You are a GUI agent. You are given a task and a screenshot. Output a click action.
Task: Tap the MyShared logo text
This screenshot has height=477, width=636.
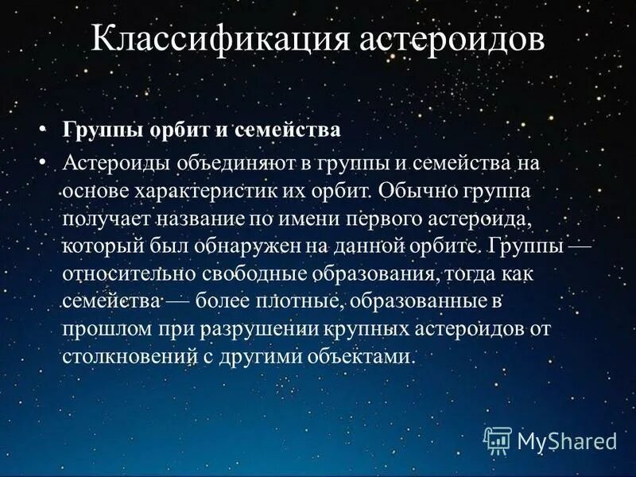566,440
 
